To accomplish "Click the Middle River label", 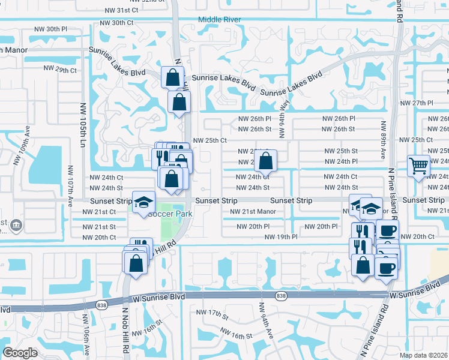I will click(220, 20).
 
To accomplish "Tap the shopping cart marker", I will click(418, 165).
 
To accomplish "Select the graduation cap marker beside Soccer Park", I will click(143, 203).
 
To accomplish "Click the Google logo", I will click(19, 353).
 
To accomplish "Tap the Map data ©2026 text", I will click(424, 355).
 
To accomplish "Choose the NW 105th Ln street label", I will click(82, 120).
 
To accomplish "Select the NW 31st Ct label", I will click(121, 11).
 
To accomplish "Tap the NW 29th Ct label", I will click(61, 70).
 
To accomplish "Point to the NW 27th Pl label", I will click(427, 103).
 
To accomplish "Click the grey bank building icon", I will click(16, 226).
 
